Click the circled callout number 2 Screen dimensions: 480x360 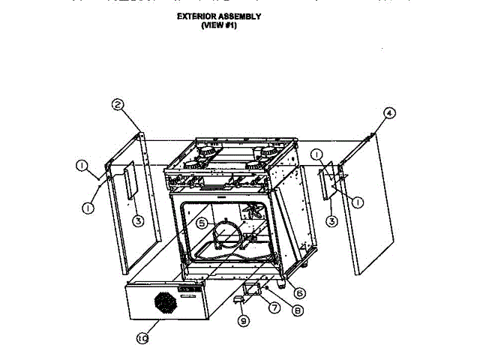point(118,105)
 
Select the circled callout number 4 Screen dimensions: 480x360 point(388,113)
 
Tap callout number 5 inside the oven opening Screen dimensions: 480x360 point(202,223)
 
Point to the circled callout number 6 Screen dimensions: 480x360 point(299,292)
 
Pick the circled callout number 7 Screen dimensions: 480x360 point(274,307)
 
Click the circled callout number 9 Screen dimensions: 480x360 point(242,321)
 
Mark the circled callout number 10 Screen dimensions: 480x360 point(142,339)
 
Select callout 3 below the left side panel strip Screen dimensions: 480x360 point(138,220)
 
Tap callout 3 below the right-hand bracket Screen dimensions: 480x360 point(331,220)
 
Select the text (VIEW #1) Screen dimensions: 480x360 point(218,25)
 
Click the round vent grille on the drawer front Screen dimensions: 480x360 point(165,304)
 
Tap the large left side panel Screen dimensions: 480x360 point(135,217)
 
